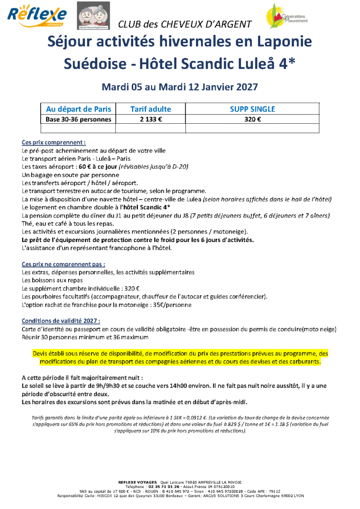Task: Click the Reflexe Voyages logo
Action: pyautogui.click(x=37, y=16)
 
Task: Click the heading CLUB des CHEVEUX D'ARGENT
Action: pyautogui.click(x=185, y=24)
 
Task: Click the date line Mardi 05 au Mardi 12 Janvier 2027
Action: pyautogui.click(x=180, y=87)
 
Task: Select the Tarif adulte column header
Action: pyautogui.click(x=150, y=109)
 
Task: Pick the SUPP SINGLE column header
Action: pyautogui.click(x=252, y=109)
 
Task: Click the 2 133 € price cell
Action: pyautogui.click(x=150, y=119)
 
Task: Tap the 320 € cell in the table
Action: pyautogui.click(x=252, y=119)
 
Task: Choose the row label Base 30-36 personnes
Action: pyautogui.click(x=78, y=119)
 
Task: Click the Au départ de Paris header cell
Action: pyautogui.click(x=78, y=109)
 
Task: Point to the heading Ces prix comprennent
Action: pyautogui.click(x=54, y=142)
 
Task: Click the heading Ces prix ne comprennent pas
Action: pyautogui.click(x=63, y=264)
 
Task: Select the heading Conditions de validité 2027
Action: pyautogui.click(x=61, y=321)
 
